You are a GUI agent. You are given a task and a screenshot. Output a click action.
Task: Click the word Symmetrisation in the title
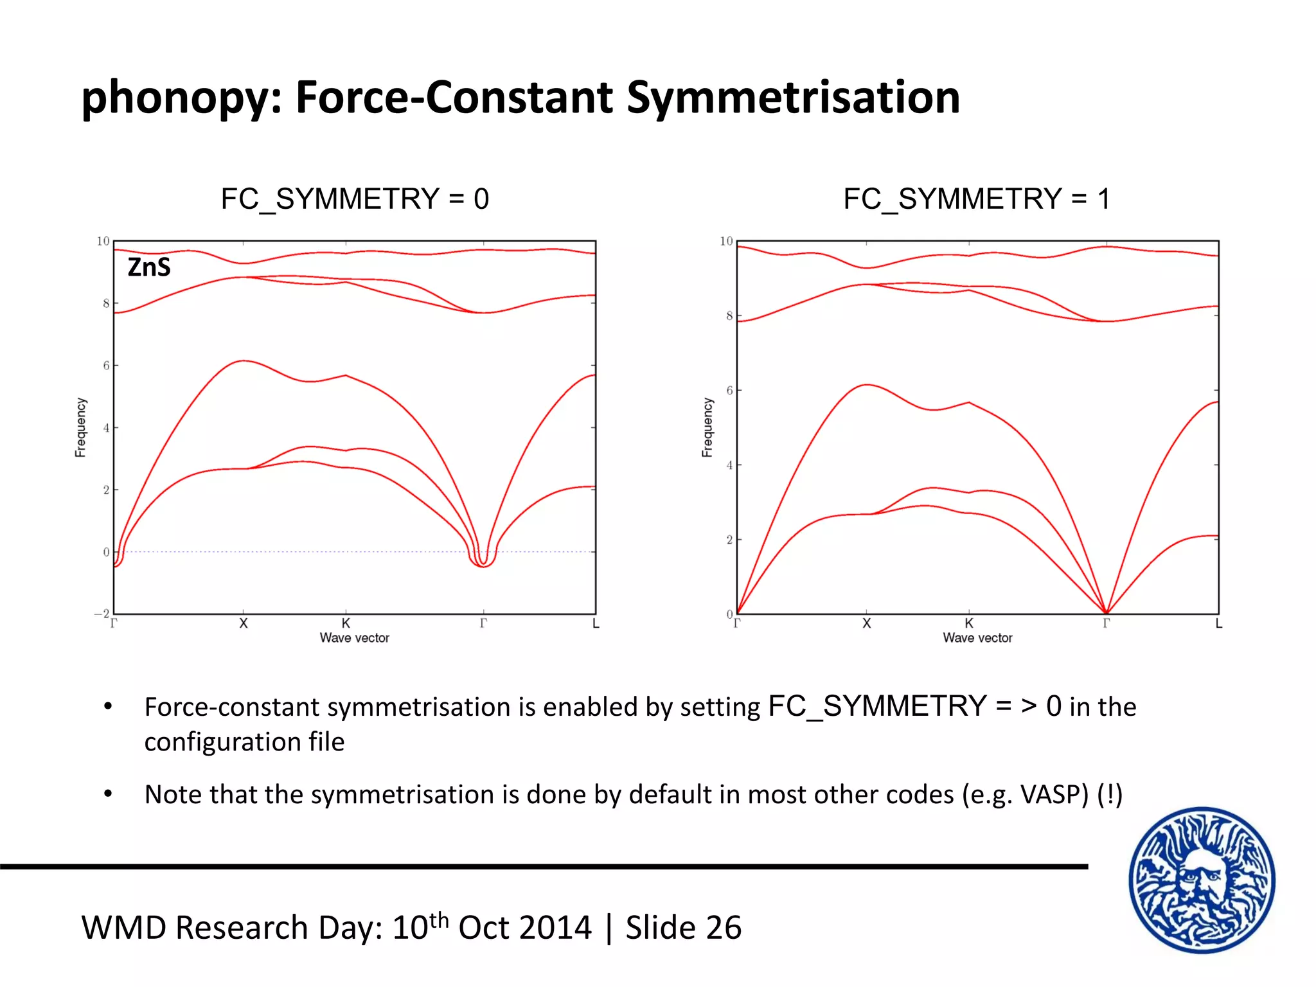793,98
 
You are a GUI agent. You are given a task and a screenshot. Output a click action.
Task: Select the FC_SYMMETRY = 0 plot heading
355,199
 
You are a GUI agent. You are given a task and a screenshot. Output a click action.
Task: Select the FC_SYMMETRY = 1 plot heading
977,199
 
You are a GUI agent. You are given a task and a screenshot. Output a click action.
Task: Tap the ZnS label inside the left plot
149,267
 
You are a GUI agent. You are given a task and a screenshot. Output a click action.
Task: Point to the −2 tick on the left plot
103,614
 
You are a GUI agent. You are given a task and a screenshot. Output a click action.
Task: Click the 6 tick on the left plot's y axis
106,365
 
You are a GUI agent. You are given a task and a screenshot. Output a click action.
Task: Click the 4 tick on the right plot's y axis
729,465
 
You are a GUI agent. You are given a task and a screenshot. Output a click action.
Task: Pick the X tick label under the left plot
244,623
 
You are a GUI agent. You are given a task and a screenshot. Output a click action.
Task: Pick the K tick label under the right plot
969,623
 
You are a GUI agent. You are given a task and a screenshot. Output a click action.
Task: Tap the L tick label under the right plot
1218,623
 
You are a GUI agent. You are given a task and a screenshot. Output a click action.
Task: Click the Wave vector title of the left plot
355,638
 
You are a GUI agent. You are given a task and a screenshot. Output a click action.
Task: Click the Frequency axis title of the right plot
707,427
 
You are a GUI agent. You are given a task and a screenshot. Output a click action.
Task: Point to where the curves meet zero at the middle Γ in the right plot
1106,612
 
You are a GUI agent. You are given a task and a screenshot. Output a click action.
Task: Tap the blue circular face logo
1202,880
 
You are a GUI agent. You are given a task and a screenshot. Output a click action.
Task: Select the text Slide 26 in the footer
684,928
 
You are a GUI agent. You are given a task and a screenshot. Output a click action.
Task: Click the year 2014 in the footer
556,928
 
